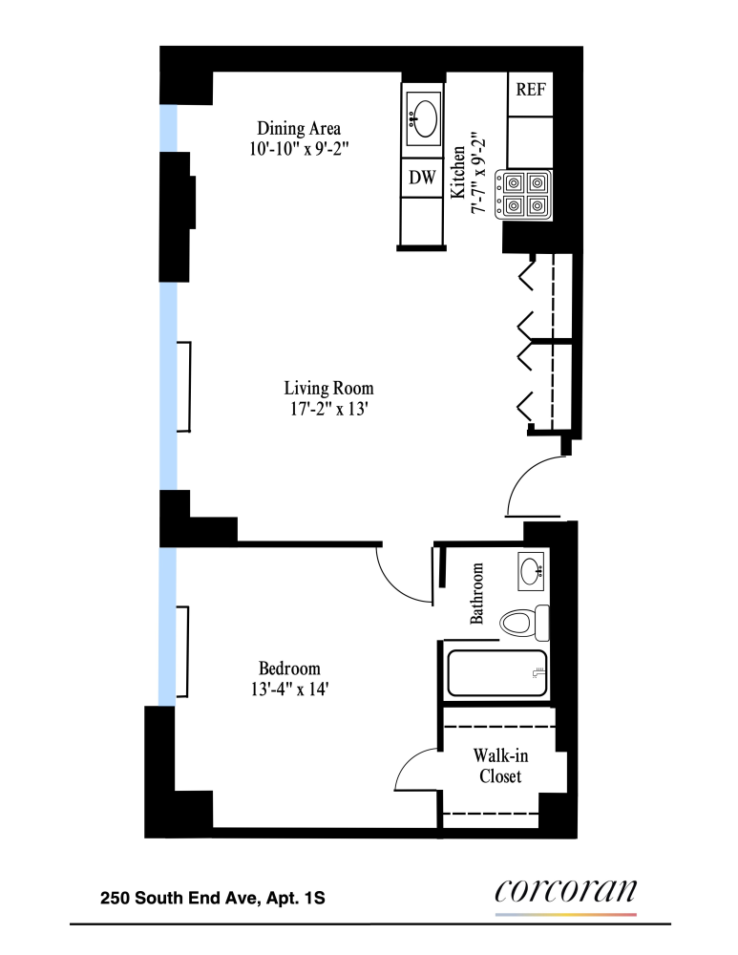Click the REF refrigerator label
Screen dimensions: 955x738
pos(530,91)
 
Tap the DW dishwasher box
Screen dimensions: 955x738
pos(422,177)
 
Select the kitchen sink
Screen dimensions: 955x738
pos(423,119)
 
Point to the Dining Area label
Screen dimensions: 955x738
pos(299,128)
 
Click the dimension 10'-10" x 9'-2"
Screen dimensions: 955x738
pos(299,148)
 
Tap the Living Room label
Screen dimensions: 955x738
pos(328,389)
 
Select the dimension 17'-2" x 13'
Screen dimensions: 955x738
pos(328,409)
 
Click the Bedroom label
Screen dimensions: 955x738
pos(289,668)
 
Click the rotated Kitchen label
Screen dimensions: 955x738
pos(458,173)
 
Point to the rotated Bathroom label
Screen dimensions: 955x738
pos(477,593)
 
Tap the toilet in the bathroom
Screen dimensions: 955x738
pos(523,623)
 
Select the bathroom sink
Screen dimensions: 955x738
pos(532,570)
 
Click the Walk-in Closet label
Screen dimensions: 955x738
pos(500,766)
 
